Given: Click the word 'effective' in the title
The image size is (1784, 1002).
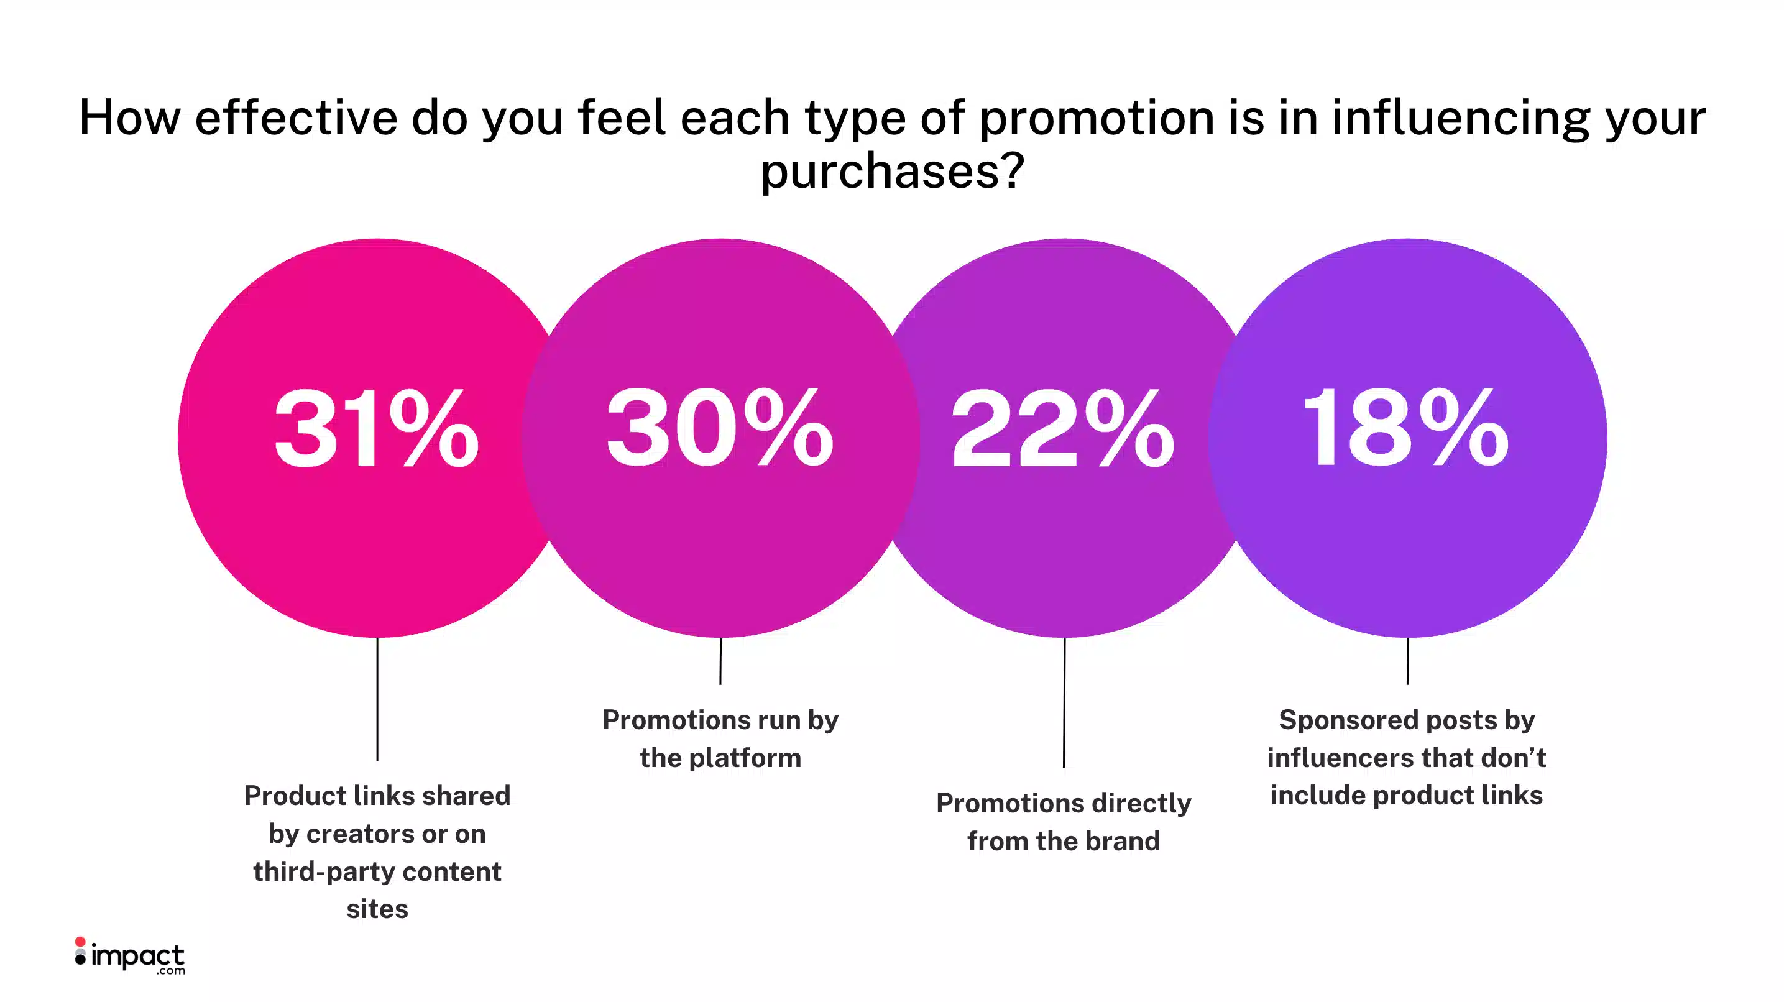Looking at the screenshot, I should tap(297, 117).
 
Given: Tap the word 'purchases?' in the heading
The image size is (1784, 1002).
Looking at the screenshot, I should tap(892, 171).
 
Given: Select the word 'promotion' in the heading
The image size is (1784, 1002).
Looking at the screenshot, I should tap(1097, 117).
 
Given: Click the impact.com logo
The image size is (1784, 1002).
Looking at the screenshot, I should tap(130, 956).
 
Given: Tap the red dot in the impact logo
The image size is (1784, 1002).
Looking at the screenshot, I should tap(80, 942).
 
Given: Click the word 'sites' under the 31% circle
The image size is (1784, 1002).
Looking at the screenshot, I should tap(377, 909).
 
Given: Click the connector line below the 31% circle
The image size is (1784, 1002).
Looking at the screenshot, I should tap(377, 699).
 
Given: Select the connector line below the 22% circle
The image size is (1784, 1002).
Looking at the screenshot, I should tap(1064, 703).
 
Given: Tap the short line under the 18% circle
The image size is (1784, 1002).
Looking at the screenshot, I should tap(1407, 661).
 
